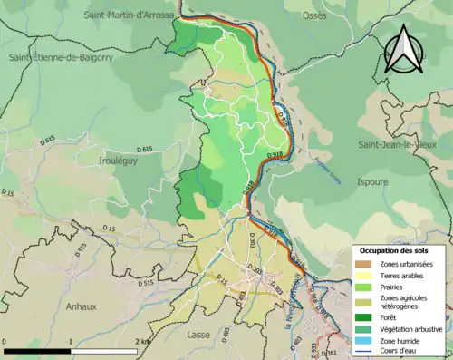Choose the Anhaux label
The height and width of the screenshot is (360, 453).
(82, 306)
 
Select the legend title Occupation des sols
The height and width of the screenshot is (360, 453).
(400, 249)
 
